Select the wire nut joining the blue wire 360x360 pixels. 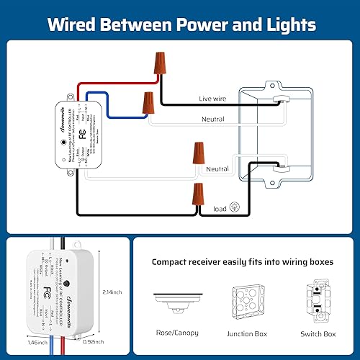point(148,105)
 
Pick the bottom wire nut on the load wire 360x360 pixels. point(196,194)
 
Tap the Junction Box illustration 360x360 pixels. point(249,302)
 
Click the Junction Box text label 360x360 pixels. point(249,333)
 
